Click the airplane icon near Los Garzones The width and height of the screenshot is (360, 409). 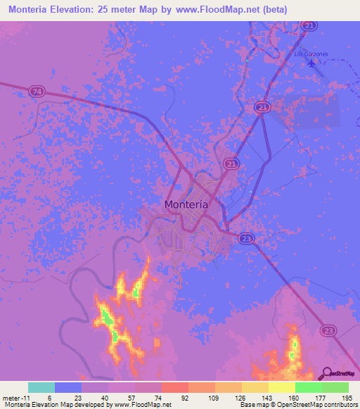click(x=312, y=63)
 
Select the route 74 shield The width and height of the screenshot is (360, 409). click(x=37, y=91)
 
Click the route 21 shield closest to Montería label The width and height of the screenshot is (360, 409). click(x=231, y=162)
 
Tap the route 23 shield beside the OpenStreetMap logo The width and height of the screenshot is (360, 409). click(x=328, y=330)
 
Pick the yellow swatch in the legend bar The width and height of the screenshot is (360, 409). click(x=281, y=387)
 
